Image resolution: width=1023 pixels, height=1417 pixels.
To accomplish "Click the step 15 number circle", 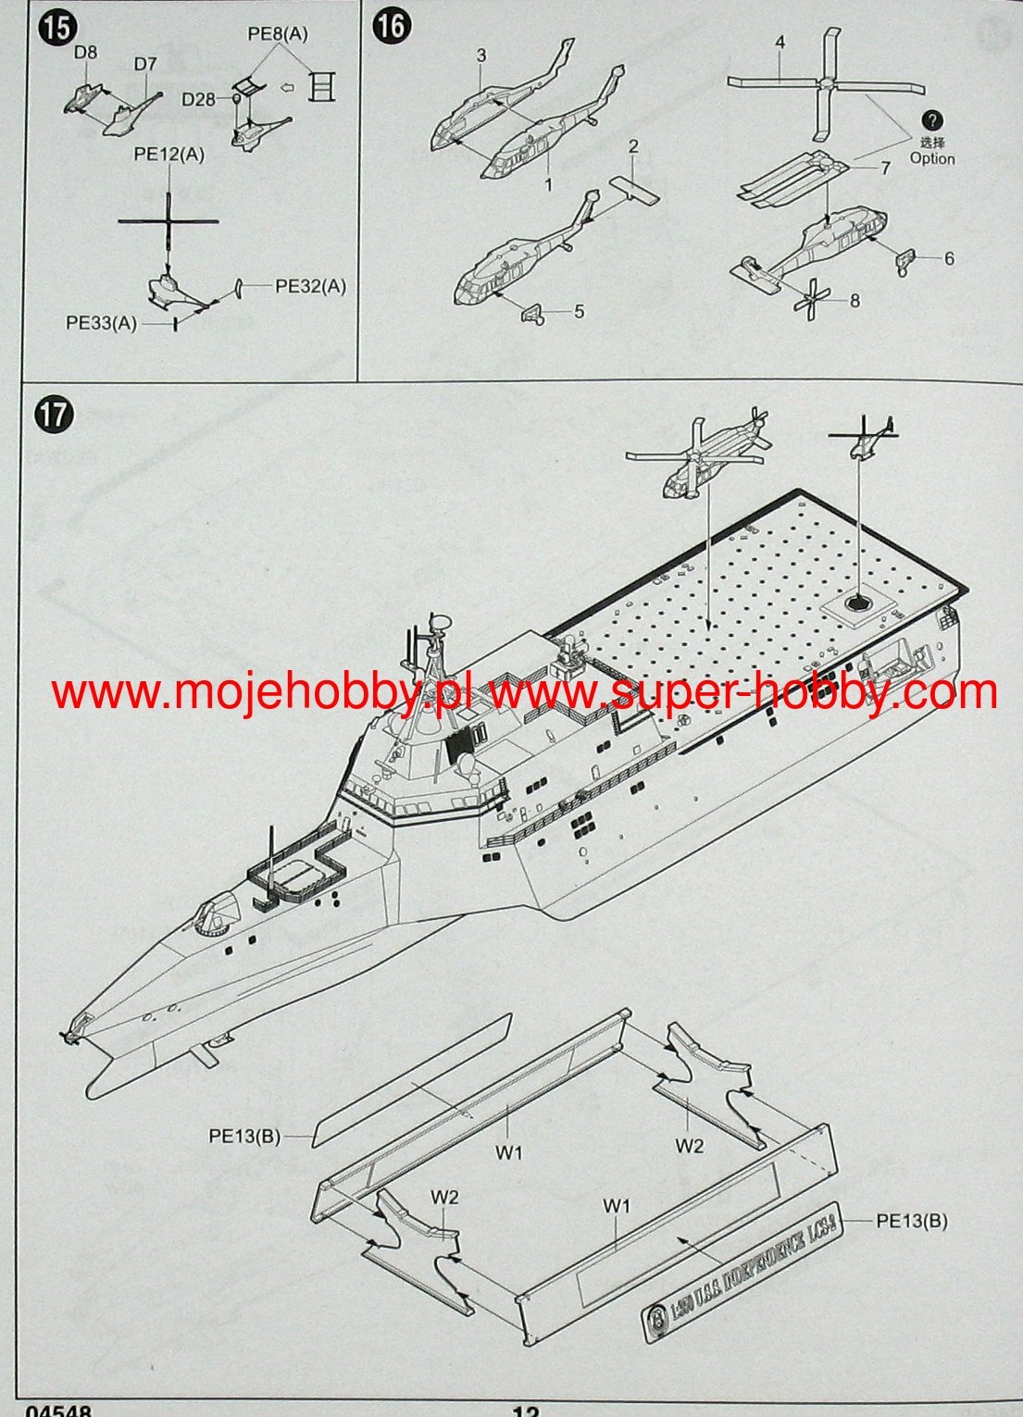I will [x=56, y=27].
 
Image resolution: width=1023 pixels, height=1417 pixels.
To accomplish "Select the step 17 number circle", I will [x=54, y=414].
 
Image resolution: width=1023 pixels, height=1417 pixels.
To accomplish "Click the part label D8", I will [x=85, y=53].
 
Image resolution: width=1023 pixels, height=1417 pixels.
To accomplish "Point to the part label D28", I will [x=198, y=99].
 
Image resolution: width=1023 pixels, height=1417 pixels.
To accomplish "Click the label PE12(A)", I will [x=169, y=155].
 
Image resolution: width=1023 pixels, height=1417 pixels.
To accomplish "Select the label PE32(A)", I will [x=310, y=286].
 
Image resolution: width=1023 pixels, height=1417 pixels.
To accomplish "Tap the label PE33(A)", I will [x=101, y=322].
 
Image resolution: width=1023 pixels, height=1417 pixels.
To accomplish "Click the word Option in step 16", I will [x=931, y=158].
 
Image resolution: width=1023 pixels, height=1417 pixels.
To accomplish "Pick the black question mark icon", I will [x=932, y=119].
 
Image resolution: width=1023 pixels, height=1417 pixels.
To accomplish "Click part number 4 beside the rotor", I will [x=780, y=43].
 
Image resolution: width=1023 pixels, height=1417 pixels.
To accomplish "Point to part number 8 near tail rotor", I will [x=855, y=300].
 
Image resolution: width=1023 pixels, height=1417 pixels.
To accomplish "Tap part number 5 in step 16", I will [x=580, y=311].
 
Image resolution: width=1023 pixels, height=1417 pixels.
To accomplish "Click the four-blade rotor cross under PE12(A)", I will [x=169, y=221].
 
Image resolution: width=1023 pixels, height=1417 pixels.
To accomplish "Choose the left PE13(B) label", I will [x=244, y=1135].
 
